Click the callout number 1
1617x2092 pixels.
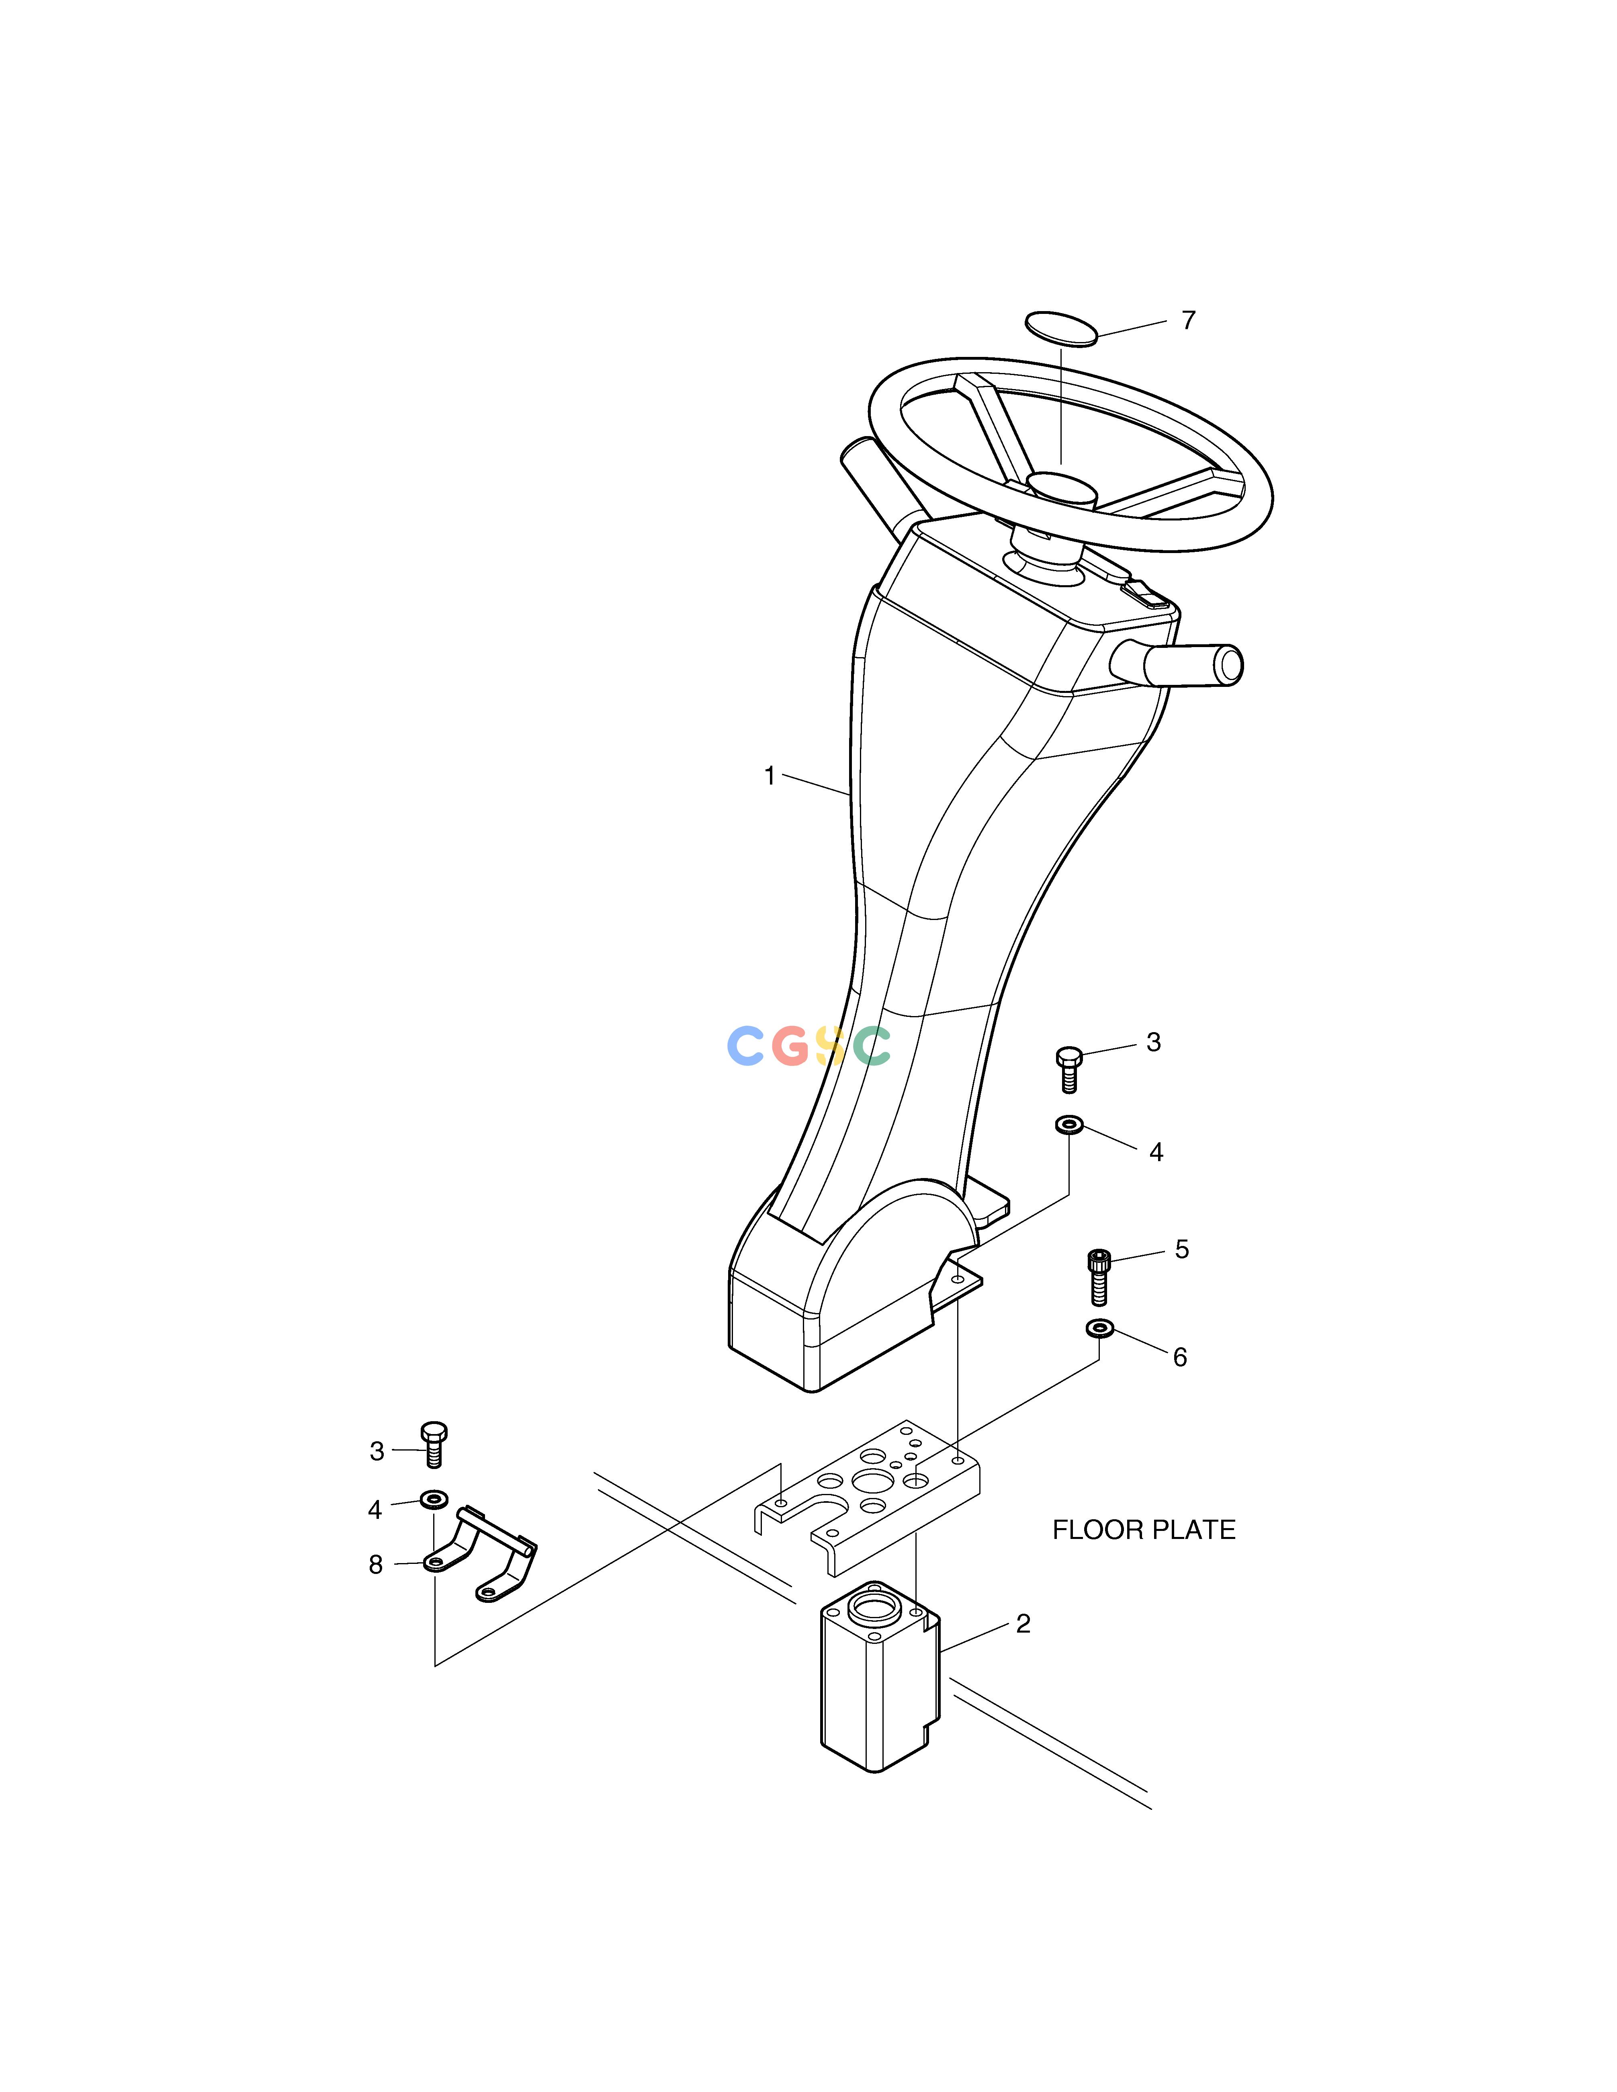(769, 776)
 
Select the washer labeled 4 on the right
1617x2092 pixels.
(1069, 1124)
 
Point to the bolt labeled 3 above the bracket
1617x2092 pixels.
(434, 1444)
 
